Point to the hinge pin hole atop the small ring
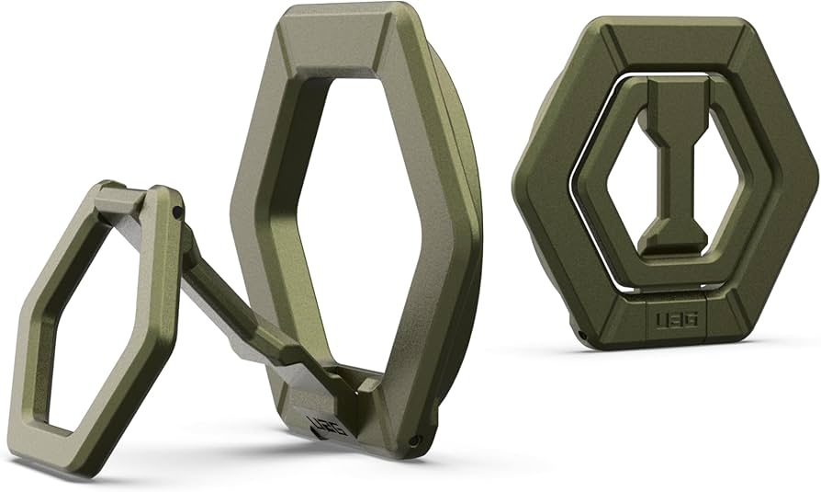pos(175,212)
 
